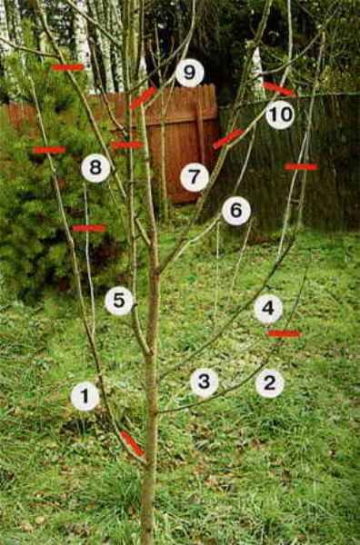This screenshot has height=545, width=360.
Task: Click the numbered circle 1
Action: pos(85,397)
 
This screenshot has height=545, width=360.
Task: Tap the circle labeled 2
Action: pos(270,383)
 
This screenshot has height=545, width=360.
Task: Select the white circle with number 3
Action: pos(205,382)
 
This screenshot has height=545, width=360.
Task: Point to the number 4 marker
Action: pos(268,309)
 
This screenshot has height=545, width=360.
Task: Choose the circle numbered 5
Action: pos(119,301)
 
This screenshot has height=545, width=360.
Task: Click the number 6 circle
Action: pos(236,211)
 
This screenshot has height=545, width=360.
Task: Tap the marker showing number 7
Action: pos(195,177)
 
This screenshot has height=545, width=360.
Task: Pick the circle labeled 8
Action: pos(95,168)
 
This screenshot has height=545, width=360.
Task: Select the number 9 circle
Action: pos(190,73)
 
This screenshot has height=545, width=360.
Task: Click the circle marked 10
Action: pos(280,114)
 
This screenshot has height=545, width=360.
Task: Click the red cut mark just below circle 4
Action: pos(285,333)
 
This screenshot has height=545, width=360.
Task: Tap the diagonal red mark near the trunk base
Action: pos(133,443)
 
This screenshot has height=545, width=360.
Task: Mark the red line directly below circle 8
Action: pos(89,228)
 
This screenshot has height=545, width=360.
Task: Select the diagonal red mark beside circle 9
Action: pos(144,98)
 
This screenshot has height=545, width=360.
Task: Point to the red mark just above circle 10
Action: pos(279,89)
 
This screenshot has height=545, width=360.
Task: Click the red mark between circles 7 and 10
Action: pos(228,139)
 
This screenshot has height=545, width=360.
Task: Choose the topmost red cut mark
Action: pos(68,67)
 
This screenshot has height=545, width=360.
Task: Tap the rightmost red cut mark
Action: pos(301,167)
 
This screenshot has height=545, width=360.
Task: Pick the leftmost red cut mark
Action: pos(49,150)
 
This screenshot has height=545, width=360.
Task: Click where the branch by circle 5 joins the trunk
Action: pos(150,354)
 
